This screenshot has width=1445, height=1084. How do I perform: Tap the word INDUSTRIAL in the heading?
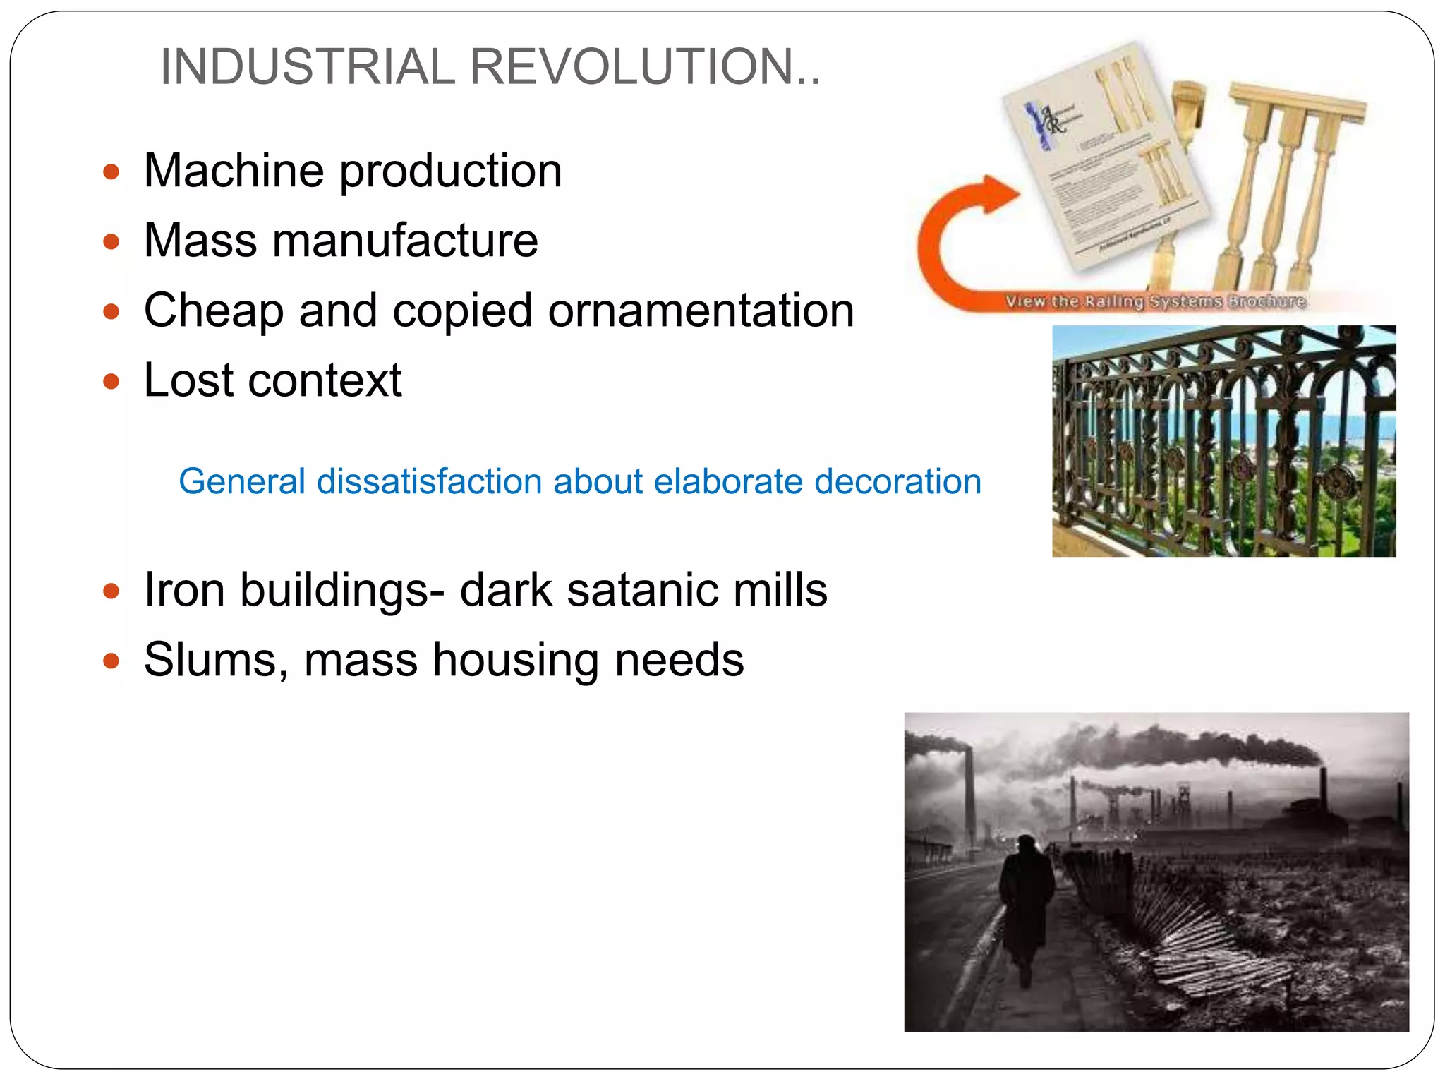(308, 67)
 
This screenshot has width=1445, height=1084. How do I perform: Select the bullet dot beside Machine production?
(111, 171)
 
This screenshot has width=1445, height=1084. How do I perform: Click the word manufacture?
(405, 241)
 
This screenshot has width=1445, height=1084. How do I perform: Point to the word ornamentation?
(701, 311)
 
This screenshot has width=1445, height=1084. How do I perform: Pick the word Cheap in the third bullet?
(213, 311)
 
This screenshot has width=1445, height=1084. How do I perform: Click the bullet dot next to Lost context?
(111, 382)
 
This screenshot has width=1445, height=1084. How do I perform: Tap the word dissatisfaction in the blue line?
(430, 482)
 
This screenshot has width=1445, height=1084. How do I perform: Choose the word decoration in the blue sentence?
(897, 482)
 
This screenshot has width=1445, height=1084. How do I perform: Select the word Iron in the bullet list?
(183, 590)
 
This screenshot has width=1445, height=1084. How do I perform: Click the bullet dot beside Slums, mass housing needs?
(111, 661)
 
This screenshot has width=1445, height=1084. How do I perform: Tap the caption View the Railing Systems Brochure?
(1156, 301)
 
